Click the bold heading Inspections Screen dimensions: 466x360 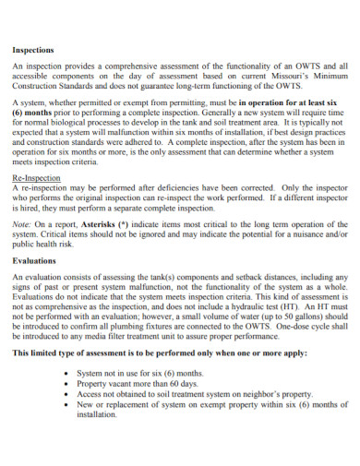click(x=32, y=50)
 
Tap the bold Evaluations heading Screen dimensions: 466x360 click(x=34, y=260)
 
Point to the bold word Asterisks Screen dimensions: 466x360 click(x=105, y=223)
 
